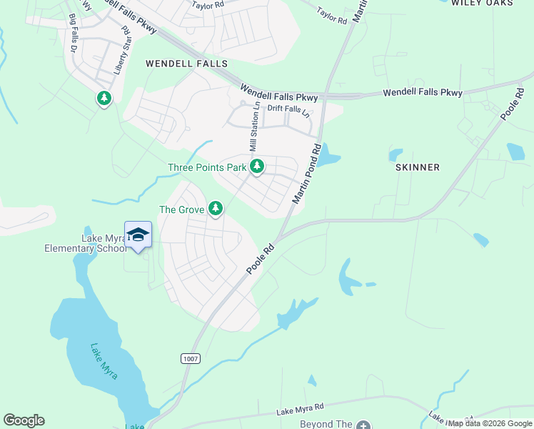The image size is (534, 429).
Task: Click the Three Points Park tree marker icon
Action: coord(257,167)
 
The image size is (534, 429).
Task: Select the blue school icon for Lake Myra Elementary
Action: coord(138,235)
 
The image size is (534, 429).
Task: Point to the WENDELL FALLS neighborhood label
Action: coord(186,64)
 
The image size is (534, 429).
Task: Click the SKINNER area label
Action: coord(417,167)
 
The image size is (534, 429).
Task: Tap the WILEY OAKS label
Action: coord(482,4)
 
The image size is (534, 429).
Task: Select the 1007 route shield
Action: coord(191,357)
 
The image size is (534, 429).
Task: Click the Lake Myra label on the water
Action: coord(104,361)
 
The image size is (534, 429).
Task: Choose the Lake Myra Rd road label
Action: coord(300,408)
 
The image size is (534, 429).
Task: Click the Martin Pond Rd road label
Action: coord(306,172)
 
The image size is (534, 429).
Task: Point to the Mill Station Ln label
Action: coord(253,127)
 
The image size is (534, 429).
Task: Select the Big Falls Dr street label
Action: coord(74,32)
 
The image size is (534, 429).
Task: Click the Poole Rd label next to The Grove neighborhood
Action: coord(261,260)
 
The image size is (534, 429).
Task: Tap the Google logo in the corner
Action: coord(24,420)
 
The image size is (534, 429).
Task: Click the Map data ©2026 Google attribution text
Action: coord(490,423)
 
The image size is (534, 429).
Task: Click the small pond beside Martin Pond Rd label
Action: coord(328,155)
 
